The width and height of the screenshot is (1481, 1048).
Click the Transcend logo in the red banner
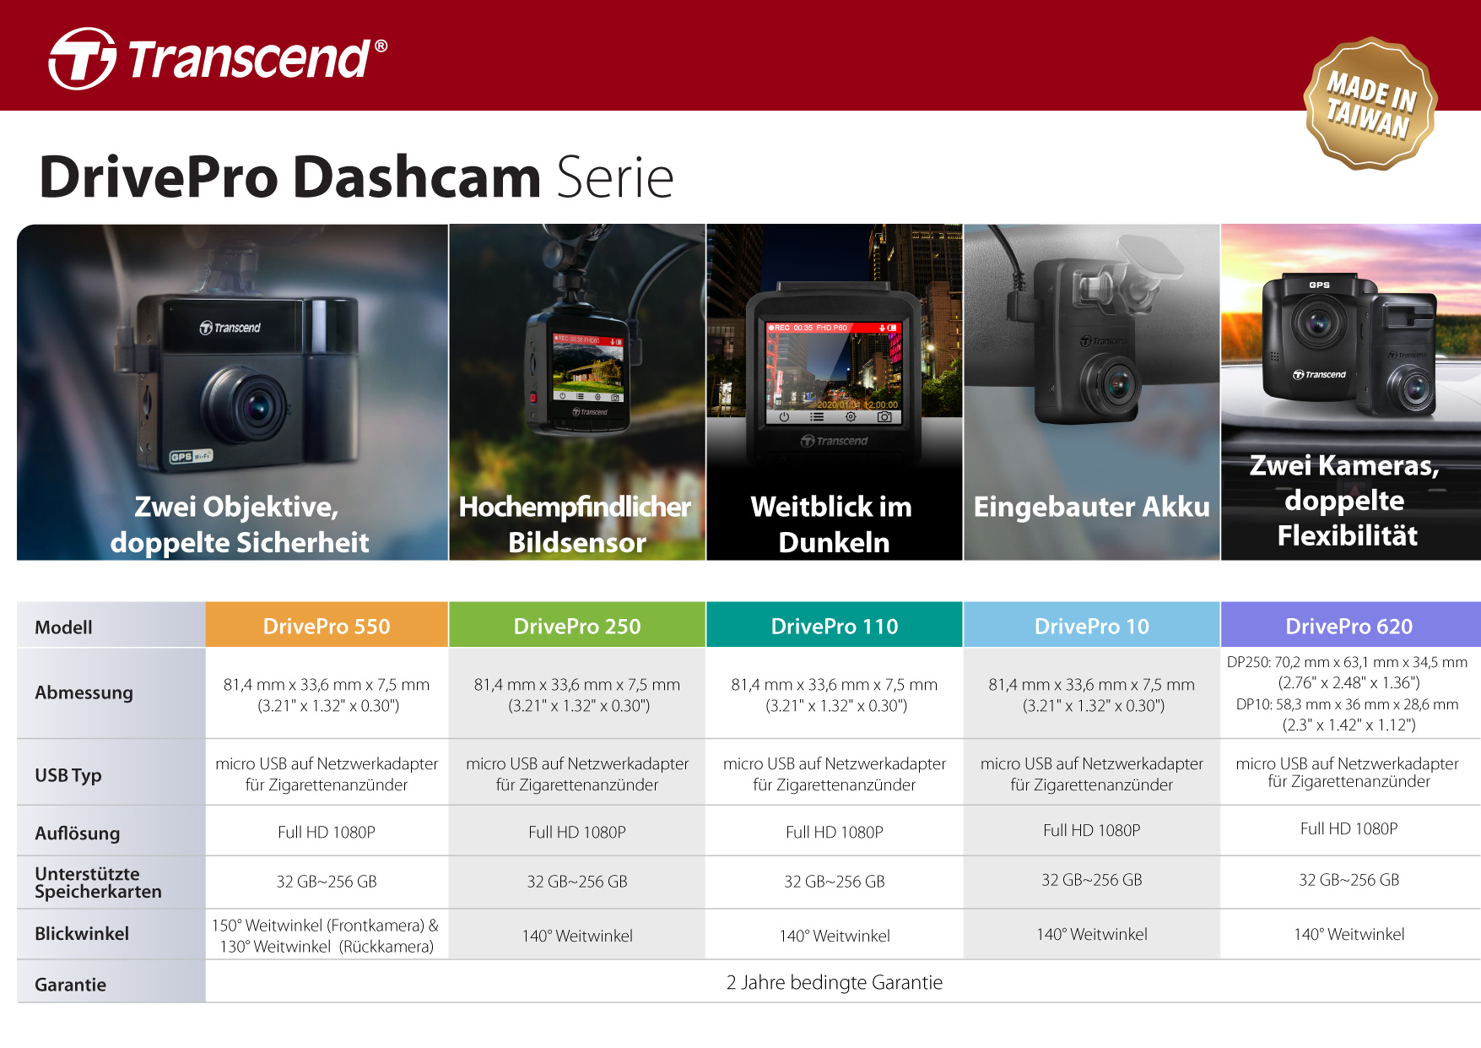click(x=218, y=58)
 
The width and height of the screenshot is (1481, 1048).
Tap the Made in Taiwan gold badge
click(x=1370, y=103)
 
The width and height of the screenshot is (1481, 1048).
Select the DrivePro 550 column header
click(x=327, y=626)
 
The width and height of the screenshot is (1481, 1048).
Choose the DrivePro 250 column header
click(x=577, y=626)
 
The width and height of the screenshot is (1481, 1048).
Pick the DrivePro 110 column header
click(x=835, y=626)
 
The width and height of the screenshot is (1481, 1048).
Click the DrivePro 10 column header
click(x=1091, y=626)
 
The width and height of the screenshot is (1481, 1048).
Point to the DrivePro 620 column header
click(x=1349, y=626)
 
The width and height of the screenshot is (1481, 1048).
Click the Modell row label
click(x=63, y=627)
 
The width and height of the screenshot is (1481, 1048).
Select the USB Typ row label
click(x=68, y=774)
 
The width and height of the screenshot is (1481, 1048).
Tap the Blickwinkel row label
click(x=82, y=933)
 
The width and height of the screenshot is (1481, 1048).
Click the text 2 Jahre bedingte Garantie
click(x=835, y=982)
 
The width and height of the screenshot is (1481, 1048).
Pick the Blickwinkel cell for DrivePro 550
click(x=327, y=936)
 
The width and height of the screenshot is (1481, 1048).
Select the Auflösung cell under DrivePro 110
click(x=835, y=832)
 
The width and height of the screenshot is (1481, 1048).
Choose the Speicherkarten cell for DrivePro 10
click(x=1091, y=880)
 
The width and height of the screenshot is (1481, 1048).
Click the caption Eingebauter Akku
click(x=1091, y=507)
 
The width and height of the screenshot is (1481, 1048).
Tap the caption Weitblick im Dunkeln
click(x=833, y=524)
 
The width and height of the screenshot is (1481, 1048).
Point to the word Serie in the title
click(x=615, y=178)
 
